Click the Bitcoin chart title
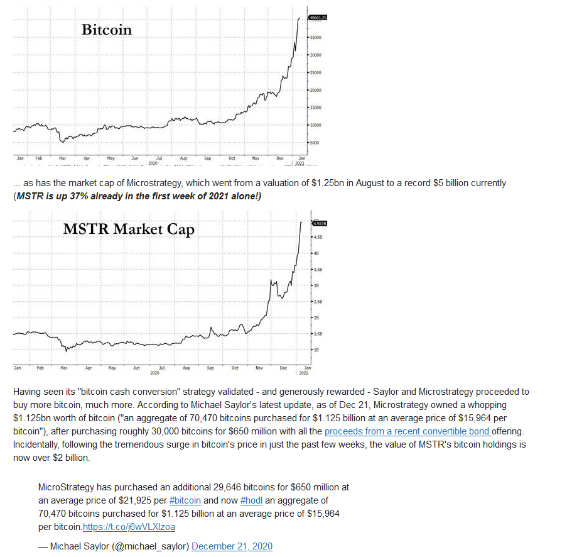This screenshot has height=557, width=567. click(107, 29)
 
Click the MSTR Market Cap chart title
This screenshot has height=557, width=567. click(129, 229)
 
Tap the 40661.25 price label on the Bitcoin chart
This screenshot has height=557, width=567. click(318, 18)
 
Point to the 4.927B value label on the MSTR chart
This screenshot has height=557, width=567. click(319, 223)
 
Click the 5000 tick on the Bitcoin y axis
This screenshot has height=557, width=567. click(314, 143)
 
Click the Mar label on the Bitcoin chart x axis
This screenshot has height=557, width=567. click(63, 159)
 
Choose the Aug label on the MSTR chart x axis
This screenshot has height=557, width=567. click(186, 367)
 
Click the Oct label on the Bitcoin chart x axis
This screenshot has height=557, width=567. click(232, 159)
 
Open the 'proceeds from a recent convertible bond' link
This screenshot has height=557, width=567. click(408, 432)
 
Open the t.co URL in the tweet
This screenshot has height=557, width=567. click(129, 527)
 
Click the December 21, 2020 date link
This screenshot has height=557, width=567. click(232, 546)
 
